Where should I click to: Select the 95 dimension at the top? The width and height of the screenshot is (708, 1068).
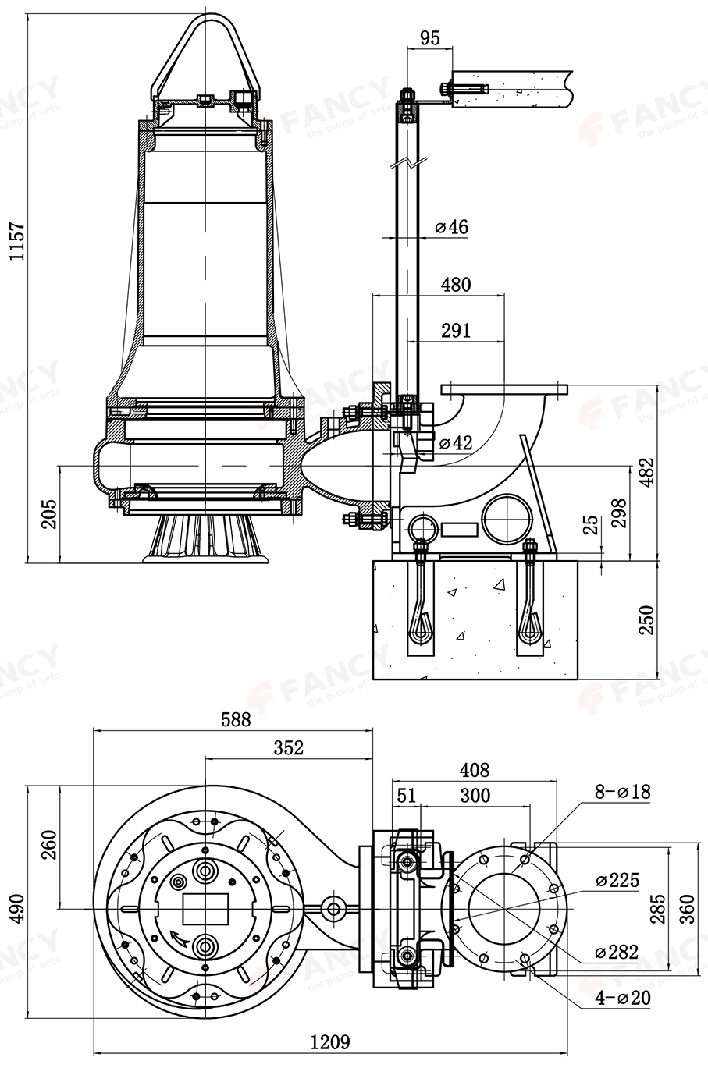(x=430, y=37)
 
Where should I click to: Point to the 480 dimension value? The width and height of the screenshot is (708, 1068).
(x=456, y=284)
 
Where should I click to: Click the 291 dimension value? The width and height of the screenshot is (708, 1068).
(x=456, y=330)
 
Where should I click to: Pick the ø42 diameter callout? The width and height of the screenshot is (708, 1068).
(x=456, y=443)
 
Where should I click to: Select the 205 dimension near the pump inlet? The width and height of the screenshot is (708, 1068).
(x=49, y=513)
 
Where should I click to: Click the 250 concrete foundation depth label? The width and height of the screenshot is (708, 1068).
(x=647, y=619)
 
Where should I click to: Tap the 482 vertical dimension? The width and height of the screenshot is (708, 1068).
(x=647, y=472)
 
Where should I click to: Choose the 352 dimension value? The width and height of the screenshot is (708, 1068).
(x=288, y=747)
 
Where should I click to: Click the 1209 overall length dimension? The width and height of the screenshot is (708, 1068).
(x=330, y=1041)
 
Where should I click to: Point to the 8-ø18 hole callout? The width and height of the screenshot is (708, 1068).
(x=622, y=793)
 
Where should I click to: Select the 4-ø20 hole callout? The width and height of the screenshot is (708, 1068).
(x=622, y=998)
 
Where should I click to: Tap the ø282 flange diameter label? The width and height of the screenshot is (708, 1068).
(x=617, y=952)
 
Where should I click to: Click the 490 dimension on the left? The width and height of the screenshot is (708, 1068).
(x=17, y=910)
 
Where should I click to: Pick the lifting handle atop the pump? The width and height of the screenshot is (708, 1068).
(x=205, y=55)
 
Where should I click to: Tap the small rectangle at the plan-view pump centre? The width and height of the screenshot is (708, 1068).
(x=205, y=909)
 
